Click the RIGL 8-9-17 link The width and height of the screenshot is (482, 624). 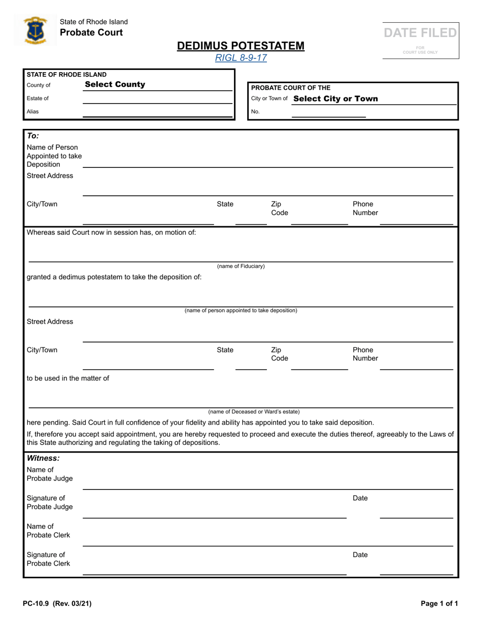[241, 58]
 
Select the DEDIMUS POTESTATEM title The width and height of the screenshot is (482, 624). [241, 46]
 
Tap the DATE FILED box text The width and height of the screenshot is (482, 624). [420, 33]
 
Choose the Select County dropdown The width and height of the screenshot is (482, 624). [115, 85]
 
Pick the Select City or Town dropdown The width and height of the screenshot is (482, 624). [335, 98]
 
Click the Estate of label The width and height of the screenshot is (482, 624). [38, 98]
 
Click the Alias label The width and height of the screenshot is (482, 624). [32, 112]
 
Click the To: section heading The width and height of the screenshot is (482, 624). [32, 136]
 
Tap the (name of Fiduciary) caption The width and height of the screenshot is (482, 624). [241, 266]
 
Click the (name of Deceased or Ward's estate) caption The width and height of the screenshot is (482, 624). [254, 411]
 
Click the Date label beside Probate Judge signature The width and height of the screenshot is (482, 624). [360, 498]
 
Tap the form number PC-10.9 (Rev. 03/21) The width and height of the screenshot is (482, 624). [57, 604]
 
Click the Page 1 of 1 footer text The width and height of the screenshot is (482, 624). [439, 604]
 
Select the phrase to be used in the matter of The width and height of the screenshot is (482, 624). [67, 378]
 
